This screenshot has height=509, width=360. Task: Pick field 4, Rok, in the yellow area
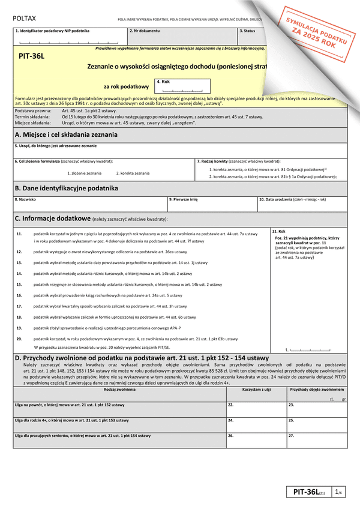click(x=182, y=87)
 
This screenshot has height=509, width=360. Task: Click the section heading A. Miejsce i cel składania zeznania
click(x=66, y=135)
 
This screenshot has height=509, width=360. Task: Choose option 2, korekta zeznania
click(x=133, y=173)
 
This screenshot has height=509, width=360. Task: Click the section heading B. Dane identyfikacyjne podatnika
click(x=66, y=188)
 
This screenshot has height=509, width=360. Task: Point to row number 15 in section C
click(x=19, y=284)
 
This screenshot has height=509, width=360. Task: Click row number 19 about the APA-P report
click(x=19, y=327)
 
